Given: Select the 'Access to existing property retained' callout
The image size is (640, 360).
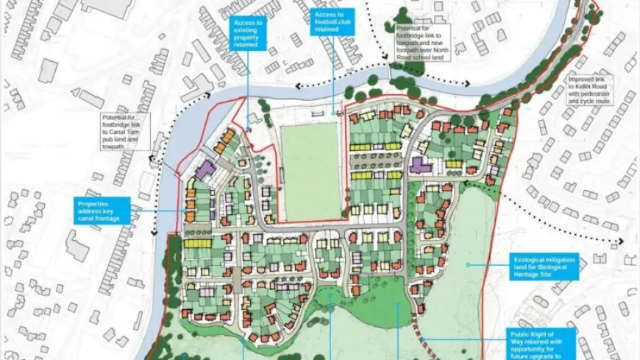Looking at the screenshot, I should (247, 34).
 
